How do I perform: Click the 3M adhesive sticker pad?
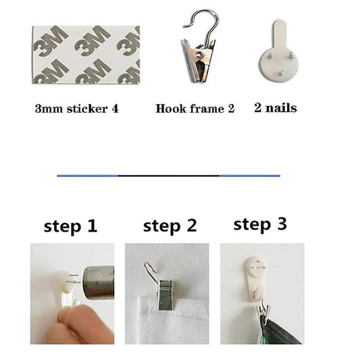pyautogui.click(x=86, y=55)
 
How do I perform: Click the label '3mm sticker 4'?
pyautogui.click(x=77, y=109)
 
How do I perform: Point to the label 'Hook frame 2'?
pyautogui.click(x=195, y=109)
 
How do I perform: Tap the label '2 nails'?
pyautogui.click(x=276, y=107)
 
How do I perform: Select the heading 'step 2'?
pyautogui.click(x=170, y=226)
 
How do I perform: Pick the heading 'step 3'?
pyautogui.click(x=260, y=224)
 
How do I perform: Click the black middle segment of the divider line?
pyautogui.click(x=169, y=176)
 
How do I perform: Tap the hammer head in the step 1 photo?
pyautogui.click(x=98, y=282)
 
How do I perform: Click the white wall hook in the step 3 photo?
pyautogui.click(x=255, y=278)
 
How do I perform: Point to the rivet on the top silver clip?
pyautogui.click(x=199, y=54)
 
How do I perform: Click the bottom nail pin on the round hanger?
pyautogui.click(x=280, y=73)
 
